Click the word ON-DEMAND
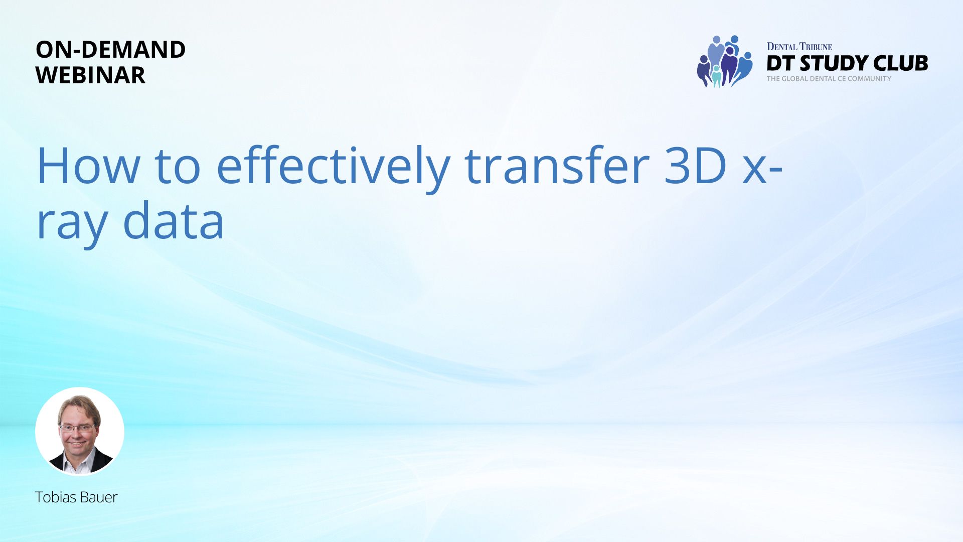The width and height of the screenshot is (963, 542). (x=110, y=50)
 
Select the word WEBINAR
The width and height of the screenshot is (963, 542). (x=90, y=75)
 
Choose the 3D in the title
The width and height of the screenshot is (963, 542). (x=695, y=166)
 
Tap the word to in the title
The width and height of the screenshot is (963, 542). (x=178, y=167)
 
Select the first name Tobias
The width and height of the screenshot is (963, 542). (x=55, y=497)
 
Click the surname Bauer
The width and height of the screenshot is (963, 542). (x=98, y=497)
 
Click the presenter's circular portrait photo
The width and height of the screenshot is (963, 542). (x=80, y=431)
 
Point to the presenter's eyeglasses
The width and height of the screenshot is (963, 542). (x=77, y=429)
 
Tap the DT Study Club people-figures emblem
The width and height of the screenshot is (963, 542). (x=725, y=61)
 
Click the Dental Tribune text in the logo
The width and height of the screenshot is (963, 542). (x=799, y=47)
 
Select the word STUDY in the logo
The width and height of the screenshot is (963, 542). (x=834, y=64)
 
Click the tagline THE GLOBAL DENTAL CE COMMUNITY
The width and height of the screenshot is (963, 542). (x=829, y=79)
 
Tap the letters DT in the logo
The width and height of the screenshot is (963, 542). (x=781, y=64)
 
